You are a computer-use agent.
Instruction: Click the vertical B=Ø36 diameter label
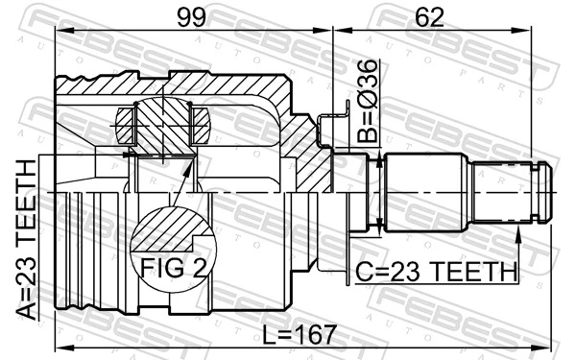[x=366, y=100]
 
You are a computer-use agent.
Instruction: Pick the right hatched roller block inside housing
[x=201, y=124]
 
